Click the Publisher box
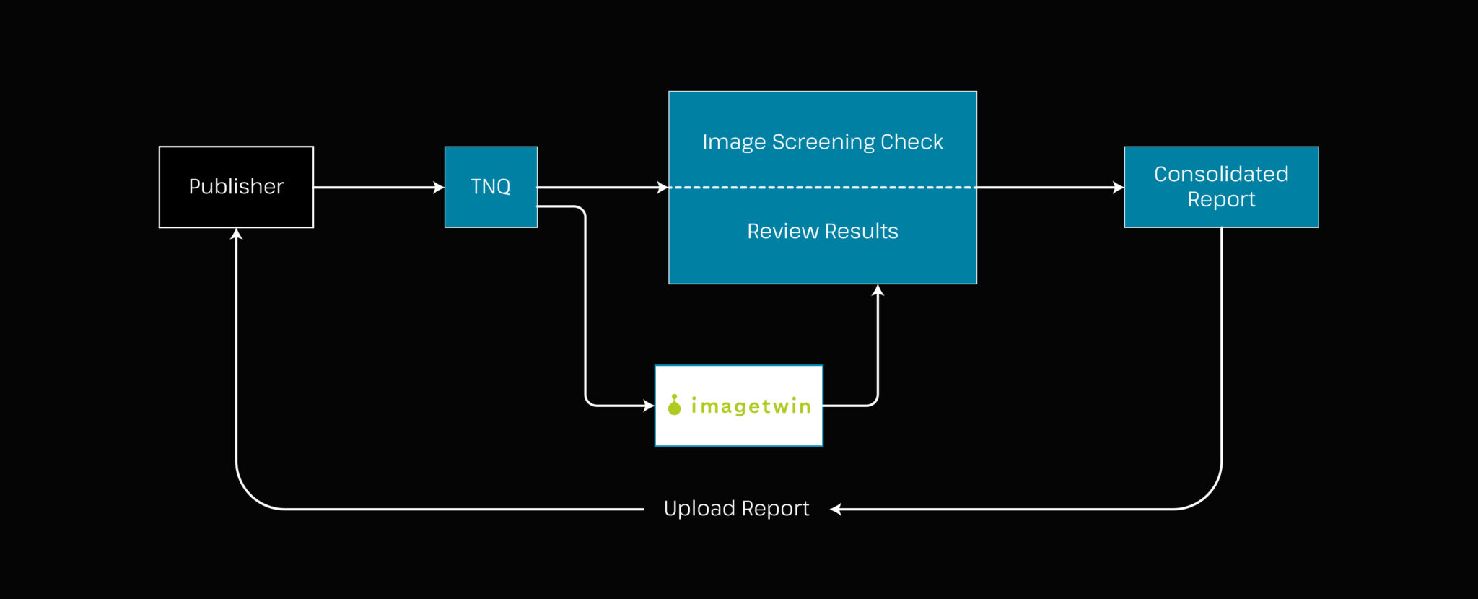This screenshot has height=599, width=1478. tap(236, 187)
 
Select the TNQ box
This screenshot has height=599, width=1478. tap(491, 187)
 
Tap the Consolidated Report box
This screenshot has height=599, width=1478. tap(1221, 187)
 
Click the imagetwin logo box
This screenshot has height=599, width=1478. tap(738, 406)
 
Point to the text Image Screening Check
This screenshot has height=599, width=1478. tap(822, 141)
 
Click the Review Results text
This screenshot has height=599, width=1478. tap(822, 231)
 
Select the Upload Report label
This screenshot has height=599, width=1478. tap(736, 509)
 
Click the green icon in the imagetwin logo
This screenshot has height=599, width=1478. tap(674, 406)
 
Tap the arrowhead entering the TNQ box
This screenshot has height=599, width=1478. tap(439, 188)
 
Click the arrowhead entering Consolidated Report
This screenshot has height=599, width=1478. tap(1119, 188)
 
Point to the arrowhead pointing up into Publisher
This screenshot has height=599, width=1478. tap(236, 234)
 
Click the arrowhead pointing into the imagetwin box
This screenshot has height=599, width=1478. tap(649, 406)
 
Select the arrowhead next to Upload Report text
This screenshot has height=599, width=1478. tap(836, 510)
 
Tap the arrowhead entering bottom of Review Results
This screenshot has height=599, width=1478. tap(878, 290)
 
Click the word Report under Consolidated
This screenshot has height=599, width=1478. tap(1221, 200)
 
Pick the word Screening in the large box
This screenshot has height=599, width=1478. tap(813, 142)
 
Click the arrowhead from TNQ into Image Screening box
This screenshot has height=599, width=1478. tap(663, 188)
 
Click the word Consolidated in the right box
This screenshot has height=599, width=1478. tap(1221, 174)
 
